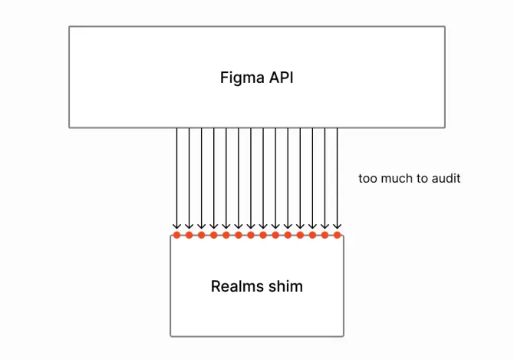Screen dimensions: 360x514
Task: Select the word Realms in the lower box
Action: tap(235, 286)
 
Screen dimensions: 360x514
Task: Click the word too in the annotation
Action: tap(367, 178)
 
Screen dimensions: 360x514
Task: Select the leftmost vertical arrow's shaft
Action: tap(176, 177)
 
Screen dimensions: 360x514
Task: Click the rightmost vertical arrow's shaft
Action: tap(337, 177)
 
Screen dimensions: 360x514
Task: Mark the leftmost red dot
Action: tap(176, 235)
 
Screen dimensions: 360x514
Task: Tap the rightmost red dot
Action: tap(337, 235)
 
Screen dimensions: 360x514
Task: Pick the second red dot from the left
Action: tap(189, 235)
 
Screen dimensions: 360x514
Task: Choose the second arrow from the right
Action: tap(325, 177)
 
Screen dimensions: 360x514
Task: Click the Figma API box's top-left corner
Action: tap(69, 27)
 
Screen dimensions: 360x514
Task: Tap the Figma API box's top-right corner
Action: tap(445, 27)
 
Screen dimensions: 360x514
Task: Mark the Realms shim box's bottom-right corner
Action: tap(344, 336)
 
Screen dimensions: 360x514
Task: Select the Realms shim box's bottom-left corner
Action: tap(170, 336)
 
